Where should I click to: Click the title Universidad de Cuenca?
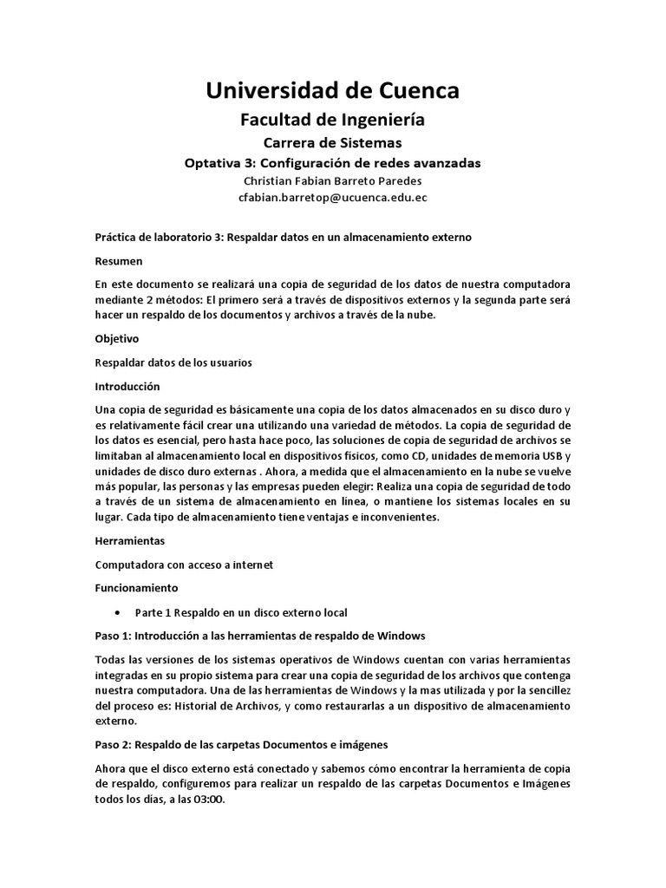[x=332, y=90]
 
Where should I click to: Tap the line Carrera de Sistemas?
[x=332, y=142]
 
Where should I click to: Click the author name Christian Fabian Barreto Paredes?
[x=332, y=181]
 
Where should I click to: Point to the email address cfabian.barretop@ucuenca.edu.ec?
[x=332, y=198]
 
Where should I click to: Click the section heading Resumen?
[x=119, y=260]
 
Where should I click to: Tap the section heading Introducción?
[x=127, y=385]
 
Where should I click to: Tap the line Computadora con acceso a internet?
[x=184, y=565]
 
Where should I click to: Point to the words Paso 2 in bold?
[x=113, y=745]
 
